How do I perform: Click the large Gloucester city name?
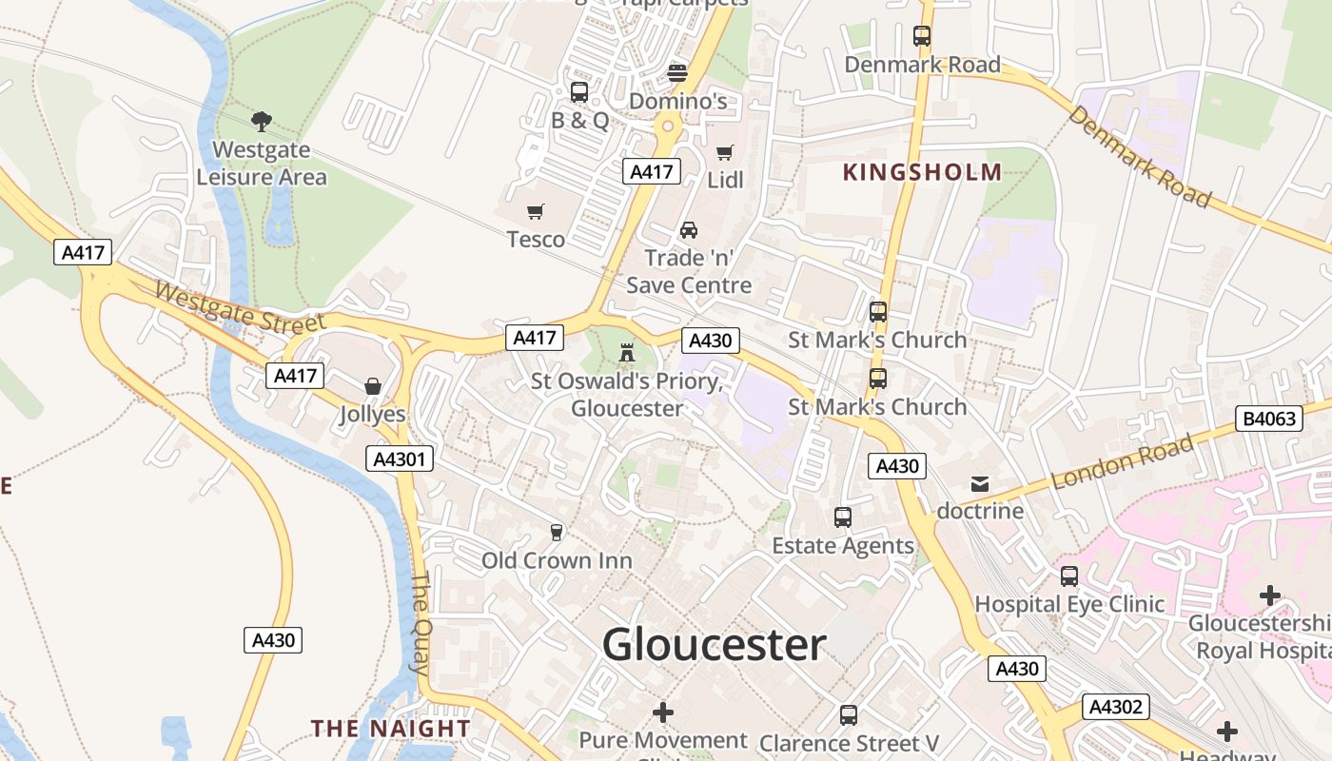[714, 645]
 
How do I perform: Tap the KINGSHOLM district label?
[922, 172]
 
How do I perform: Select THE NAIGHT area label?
[390, 729]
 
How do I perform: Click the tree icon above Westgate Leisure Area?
[261, 122]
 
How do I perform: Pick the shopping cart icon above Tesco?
[536, 211]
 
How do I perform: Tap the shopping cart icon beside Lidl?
[725, 152]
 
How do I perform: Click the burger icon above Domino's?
[677, 72]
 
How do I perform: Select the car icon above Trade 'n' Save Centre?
[688, 230]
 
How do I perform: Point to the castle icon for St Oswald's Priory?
[626, 353]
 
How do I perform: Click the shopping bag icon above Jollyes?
[373, 386]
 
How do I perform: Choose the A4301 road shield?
[400, 459]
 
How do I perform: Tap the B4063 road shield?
[1270, 418]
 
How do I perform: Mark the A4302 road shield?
[1116, 707]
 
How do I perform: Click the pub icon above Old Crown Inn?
[557, 532]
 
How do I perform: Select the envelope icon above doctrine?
[980, 484]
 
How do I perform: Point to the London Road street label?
[1123, 462]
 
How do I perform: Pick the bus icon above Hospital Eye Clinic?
[1069, 576]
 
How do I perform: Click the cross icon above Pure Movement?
[663, 712]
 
